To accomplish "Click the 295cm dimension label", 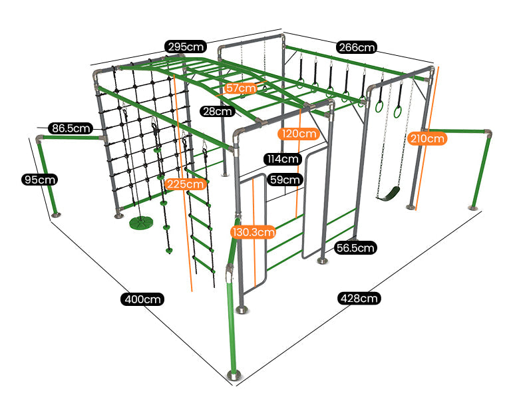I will (x=186, y=47).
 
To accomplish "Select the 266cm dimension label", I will (x=357, y=47).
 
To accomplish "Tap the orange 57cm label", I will (x=240, y=88).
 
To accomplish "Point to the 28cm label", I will (x=218, y=111).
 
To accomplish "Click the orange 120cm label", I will (x=299, y=134).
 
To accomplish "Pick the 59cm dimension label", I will (x=285, y=180).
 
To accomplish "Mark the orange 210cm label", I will (x=427, y=138).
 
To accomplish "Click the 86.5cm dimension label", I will (x=70, y=128).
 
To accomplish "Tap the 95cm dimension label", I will (x=39, y=180).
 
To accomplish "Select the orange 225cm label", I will (x=185, y=184).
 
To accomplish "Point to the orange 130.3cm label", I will (x=253, y=232).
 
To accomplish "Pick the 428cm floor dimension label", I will (x=359, y=298).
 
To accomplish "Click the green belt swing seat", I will (x=389, y=194).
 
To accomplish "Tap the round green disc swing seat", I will (x=140, y=221).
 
